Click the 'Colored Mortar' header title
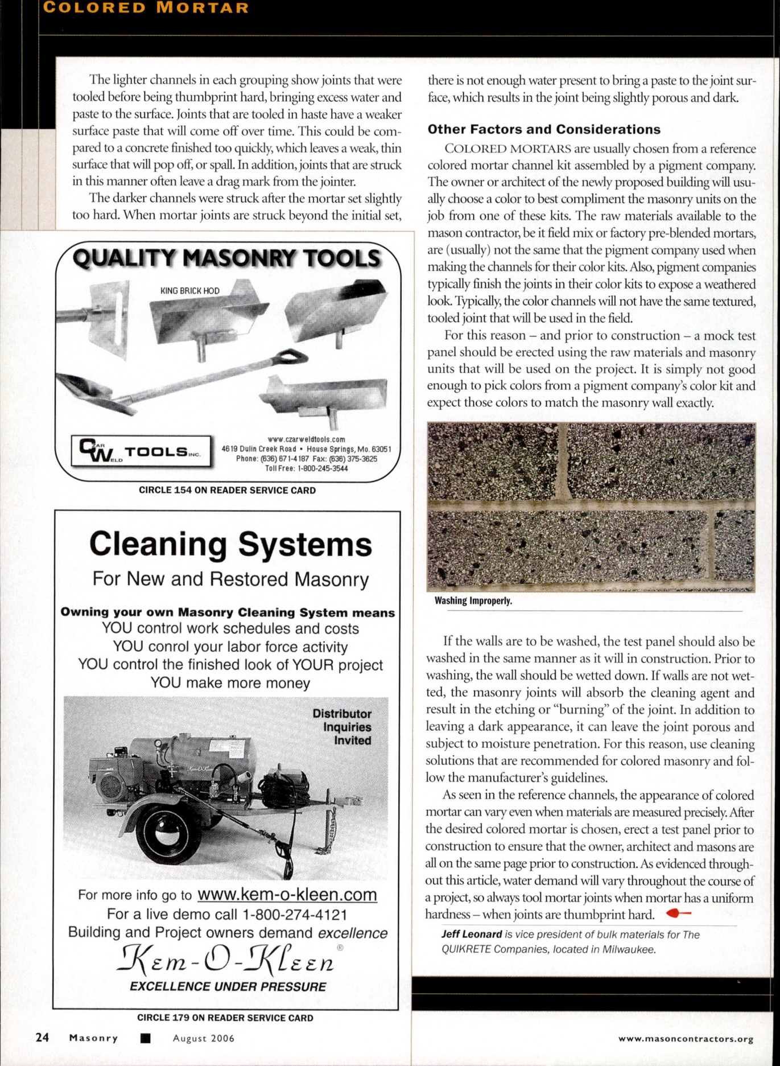tap(146, 8)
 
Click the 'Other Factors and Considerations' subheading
tap(543, 129)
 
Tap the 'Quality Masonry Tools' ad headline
tap(226, 259)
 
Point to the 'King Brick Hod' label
tap(189, 291)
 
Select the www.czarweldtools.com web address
tap(306, 439)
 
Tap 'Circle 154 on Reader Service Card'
tap(227, 490)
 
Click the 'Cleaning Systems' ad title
tap(230, 544)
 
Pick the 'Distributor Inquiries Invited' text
tap(342, 727)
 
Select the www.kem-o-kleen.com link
tap(287, 894)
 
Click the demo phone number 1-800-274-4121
tap(294, 915)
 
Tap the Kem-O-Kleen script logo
tap(226, 961)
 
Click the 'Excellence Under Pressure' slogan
tap(228, 987)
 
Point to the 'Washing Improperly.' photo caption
tap(473, 600)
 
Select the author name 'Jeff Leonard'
tap(471, 935)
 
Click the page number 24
tap(42, 1037)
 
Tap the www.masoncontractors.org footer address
tap(686, 1039)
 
